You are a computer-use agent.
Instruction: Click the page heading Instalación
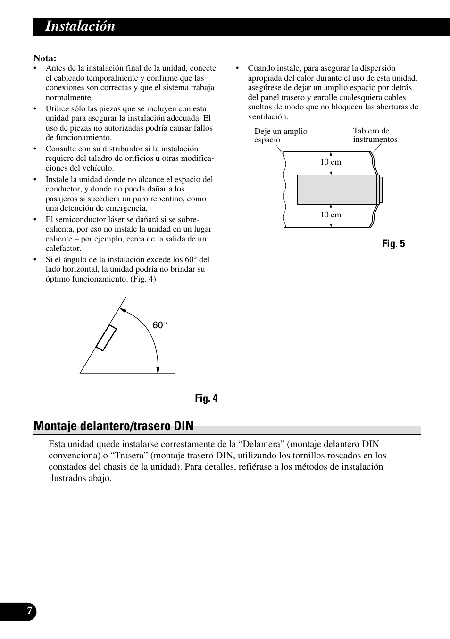80,26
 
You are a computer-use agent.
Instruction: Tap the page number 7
30,611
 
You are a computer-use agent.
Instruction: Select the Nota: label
45,58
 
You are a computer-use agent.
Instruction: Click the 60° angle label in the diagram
160,325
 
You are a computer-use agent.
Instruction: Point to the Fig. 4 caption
207,398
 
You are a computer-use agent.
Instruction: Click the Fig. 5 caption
393,244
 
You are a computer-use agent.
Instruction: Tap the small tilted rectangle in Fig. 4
106,338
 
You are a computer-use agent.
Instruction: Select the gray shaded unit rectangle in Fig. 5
337,190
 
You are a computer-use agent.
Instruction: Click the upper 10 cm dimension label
331,162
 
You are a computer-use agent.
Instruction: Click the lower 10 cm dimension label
331,215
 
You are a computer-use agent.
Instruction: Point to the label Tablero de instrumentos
375,135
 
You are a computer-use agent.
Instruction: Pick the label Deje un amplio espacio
280,136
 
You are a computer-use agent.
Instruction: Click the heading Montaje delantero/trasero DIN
114,426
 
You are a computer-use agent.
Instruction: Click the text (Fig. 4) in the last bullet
143,279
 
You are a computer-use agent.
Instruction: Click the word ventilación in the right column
268,116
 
